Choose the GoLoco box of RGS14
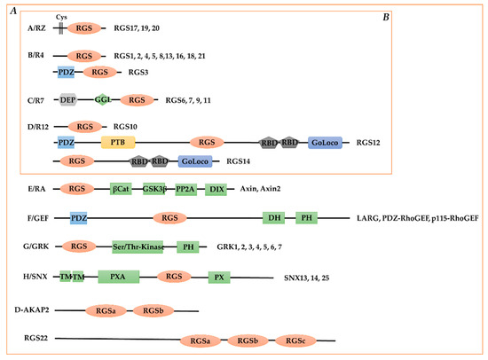tap(194, 161)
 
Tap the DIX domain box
tap(215, 189)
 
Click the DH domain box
tap(273, 216)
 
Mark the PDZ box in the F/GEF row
tap(77, 216)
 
